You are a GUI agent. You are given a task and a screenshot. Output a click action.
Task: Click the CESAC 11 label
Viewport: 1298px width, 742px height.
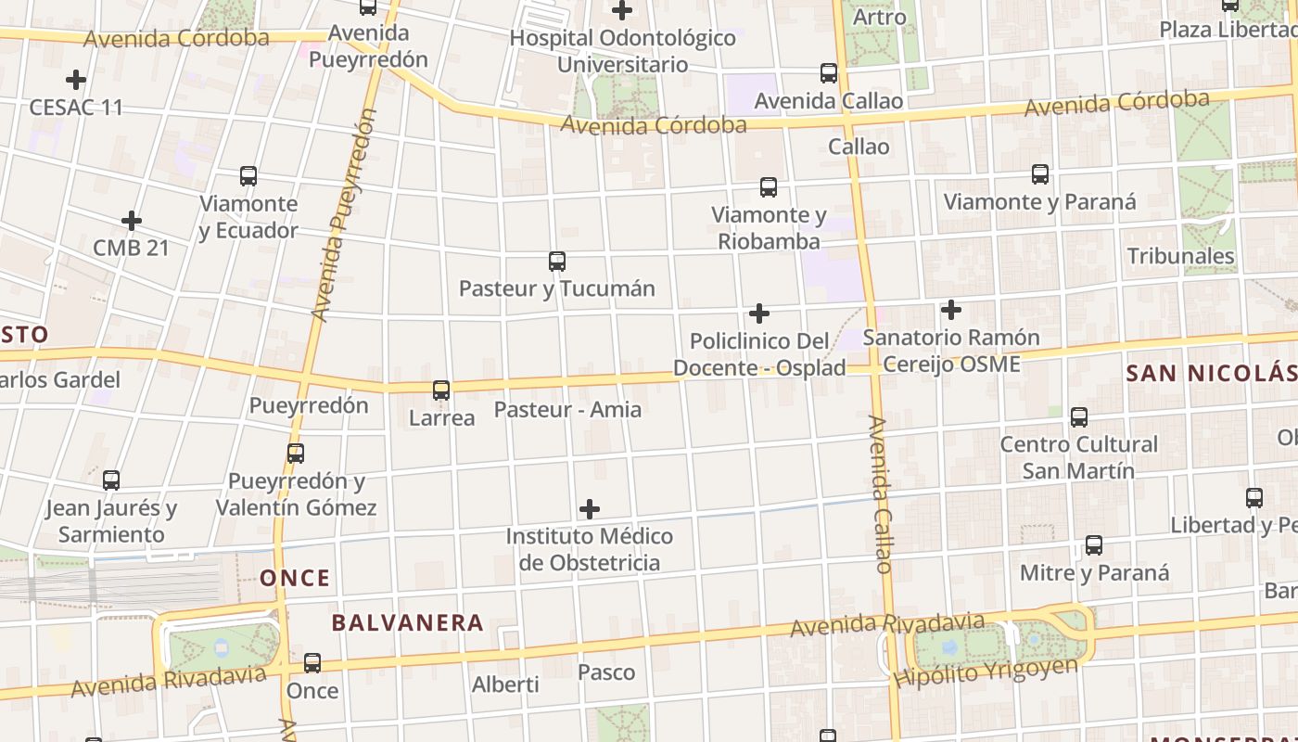[76, 107]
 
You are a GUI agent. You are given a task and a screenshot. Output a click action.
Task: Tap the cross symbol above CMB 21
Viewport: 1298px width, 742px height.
[132, 221]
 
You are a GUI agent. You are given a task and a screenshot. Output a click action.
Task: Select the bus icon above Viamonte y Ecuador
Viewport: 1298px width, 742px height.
[248, 176]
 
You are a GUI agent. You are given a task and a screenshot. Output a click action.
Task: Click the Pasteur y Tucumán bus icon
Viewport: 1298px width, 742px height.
[557, 262]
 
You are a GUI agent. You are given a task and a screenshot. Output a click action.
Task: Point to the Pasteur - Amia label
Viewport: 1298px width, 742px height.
[567, 409]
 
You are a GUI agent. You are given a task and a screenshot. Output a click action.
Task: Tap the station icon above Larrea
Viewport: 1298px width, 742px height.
[441, 390]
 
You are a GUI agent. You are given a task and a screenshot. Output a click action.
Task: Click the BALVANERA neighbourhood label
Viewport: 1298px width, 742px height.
[408, 622]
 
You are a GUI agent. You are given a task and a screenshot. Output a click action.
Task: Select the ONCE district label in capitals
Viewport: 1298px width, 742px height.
[295, 579]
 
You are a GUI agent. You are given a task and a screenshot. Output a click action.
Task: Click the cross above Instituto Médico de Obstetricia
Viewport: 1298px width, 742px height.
[590, 509]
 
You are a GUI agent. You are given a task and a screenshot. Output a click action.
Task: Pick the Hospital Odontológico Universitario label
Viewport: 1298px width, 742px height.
[623, 51]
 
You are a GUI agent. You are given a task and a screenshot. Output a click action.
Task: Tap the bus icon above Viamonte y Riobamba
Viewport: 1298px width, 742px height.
[769, 187]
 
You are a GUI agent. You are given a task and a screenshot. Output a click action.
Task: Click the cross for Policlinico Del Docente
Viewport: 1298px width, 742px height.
[759, 313]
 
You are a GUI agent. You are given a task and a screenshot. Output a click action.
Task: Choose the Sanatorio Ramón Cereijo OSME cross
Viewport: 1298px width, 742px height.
[951, 310]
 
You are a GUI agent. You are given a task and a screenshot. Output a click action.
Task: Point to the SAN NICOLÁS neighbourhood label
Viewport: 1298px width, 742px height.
[1211, 373]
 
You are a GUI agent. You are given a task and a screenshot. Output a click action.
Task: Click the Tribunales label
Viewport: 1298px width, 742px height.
[1181, 256]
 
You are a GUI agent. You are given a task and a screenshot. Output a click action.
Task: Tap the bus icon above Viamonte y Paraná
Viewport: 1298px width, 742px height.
[1040, 174]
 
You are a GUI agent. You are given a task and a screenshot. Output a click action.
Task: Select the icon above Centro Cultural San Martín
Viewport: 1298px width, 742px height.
[1079, 417]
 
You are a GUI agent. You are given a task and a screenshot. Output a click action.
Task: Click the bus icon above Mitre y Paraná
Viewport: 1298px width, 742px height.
[1094, 545]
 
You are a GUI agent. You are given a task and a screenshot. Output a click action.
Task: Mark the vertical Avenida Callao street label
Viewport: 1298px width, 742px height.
[881, 493]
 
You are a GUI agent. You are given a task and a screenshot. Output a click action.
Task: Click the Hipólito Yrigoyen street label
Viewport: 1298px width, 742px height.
[986, 672]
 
